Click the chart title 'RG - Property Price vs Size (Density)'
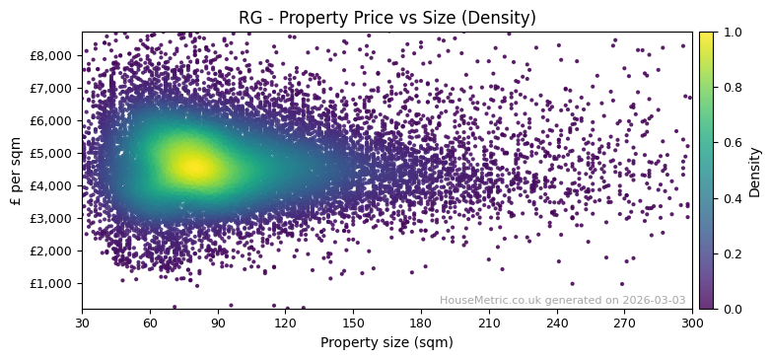[x=386, y=18]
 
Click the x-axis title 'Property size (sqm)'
[x=386, y=342]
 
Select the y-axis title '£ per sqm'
[x=16, y=171]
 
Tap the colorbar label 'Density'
[x=755, y=171]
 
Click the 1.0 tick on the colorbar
[x=730, y=32]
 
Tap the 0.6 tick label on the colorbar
[x=730, y=143]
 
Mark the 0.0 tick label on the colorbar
[x=730, y=309]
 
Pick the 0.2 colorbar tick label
[x=730, y=253]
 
